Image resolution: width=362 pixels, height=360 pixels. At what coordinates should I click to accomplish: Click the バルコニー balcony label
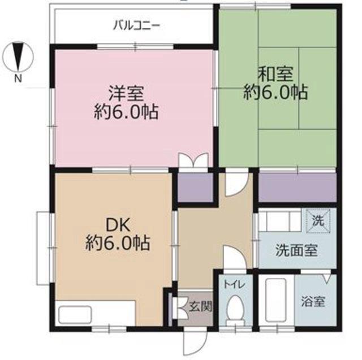point(136,24)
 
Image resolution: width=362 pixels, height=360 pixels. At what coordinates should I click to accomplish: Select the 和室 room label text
point(275,74)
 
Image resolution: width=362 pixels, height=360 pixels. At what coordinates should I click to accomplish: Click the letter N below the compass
point(18,79)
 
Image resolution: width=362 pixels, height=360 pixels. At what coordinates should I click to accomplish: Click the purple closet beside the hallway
point(195,186)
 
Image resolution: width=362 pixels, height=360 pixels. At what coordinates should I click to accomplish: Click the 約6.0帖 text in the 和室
point(275,93)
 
